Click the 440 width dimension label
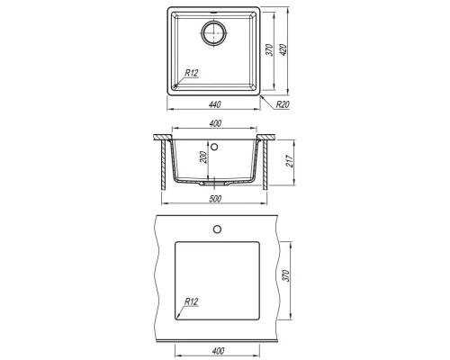(x=215, y=104)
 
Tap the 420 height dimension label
(x=283, y=49)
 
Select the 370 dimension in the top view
(x=270, y=49)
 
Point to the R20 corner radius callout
(x=283, y=104)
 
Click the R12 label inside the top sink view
(x=192, y=73)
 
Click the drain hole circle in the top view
(x=213, y=32)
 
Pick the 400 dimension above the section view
(x=215, y=123)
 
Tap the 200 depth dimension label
(x=203, y=157)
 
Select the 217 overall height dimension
(x=290, y=161)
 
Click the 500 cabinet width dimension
(x=215, y=199)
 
